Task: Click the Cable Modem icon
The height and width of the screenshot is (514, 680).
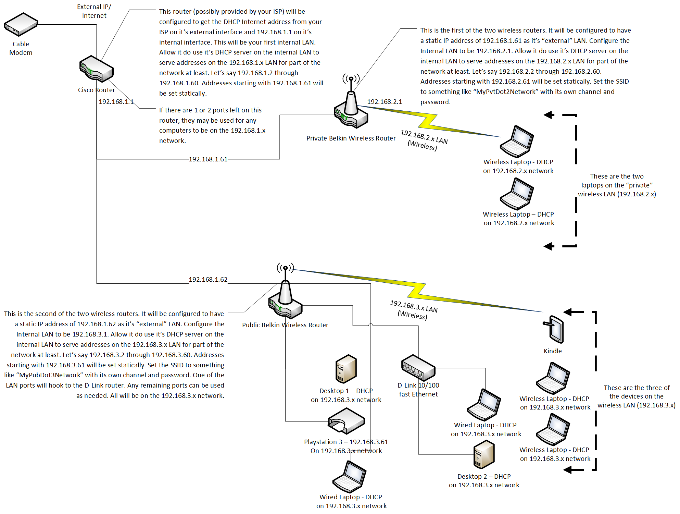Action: click(x=21, y=25)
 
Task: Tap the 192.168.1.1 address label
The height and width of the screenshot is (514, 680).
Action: click(x=116, y=102)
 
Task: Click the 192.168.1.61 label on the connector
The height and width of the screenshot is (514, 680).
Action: click(x=208, y=159)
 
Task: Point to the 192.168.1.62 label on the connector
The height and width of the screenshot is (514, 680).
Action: click(x=208, y=280)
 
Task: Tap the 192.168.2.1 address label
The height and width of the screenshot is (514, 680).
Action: click(x=385, y=102)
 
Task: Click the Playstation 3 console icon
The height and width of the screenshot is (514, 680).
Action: click(x=346, y=421)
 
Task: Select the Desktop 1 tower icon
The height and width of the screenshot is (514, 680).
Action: click(x=346, y=369)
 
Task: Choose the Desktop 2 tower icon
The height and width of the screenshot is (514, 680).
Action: click(x=484, y=455)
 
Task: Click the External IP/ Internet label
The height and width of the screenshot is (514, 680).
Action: click(x=94, y=11)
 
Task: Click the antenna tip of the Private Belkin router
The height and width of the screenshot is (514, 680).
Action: click(x=351, y=79)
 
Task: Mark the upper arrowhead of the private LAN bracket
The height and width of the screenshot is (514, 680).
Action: click(x=549, y=115)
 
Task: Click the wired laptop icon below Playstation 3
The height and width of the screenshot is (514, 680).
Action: click(x=350, y=477)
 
